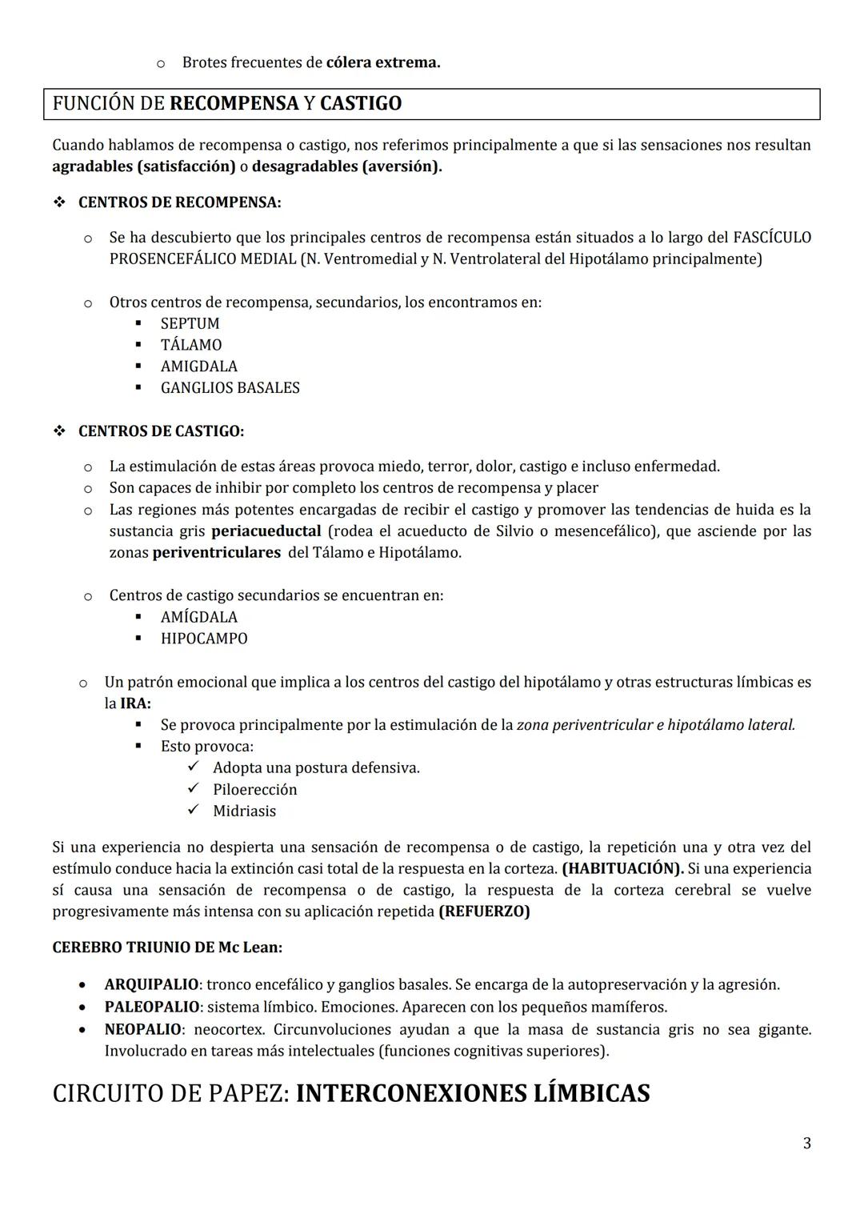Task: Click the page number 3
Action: coord(806,1144)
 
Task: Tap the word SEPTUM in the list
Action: coord(190,323)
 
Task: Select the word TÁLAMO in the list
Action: coord(191,345)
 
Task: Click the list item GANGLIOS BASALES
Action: coord(230,388)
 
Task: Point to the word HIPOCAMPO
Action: coord(204,639)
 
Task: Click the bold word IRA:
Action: coord(135,703)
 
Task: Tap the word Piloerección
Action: coord(254,790)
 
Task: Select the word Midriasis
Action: coord(244,811)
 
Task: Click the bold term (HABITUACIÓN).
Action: coord(622,869)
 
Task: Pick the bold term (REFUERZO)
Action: coord(484,911)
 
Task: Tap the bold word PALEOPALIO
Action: coord(151,1007)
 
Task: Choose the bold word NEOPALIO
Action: coord(142,1030)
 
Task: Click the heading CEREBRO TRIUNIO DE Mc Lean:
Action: coord(166,948)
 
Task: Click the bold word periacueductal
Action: coord(266,531)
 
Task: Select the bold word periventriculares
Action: coord(216,553)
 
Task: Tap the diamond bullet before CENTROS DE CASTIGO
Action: coord(59,431)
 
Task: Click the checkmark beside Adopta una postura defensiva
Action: coord(193,767)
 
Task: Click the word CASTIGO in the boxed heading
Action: coord(360,104)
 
